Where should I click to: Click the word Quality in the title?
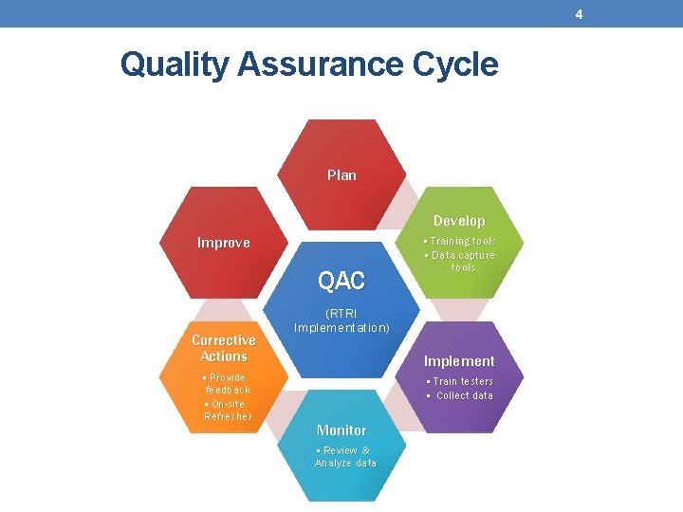(175, 64)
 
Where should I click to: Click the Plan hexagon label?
(341, 174)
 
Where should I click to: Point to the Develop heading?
(459, 221)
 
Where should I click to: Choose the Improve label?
(223, 243)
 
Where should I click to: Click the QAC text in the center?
(341, 281)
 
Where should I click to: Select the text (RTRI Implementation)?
(341, 320)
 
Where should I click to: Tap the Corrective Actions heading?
(224, 348)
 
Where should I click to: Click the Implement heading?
(459, 361)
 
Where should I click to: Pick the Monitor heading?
(341, 430)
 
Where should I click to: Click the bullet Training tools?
(460, 241)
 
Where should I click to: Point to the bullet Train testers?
(460, 381)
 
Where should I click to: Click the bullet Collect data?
(461, 395)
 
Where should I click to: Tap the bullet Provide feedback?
(227, 383)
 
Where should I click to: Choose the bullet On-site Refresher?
(228, 410)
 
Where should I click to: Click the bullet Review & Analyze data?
(345, 456)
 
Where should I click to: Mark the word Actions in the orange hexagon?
(224, 357)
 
